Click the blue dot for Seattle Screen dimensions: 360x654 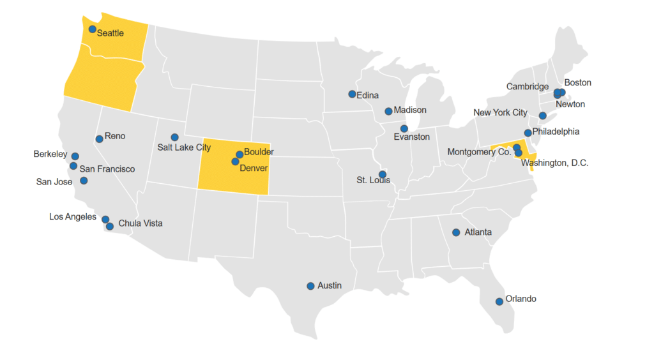[93, 29]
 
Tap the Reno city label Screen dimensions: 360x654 [115, 136]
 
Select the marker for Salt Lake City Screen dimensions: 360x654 [174, 137]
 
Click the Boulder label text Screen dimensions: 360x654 [259, 152]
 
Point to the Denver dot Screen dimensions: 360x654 [235, 161]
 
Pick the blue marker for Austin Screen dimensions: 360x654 [310, 286]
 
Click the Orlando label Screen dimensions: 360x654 [521, 299]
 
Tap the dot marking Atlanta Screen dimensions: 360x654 [456, 232]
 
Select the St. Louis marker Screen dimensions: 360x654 [383, 174]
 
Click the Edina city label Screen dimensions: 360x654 [367, 96]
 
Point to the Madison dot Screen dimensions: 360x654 [388, 111]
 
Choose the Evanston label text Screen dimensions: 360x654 [411, 137]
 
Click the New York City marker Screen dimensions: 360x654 [542, 116]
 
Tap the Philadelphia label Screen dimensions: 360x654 [556, 131]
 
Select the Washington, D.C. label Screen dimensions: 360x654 [554, 163]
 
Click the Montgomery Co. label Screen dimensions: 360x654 [479, 152]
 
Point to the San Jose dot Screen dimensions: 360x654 [84, 181]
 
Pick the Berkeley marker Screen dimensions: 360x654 [75, 156]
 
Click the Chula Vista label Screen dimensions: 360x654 [141, 223]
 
